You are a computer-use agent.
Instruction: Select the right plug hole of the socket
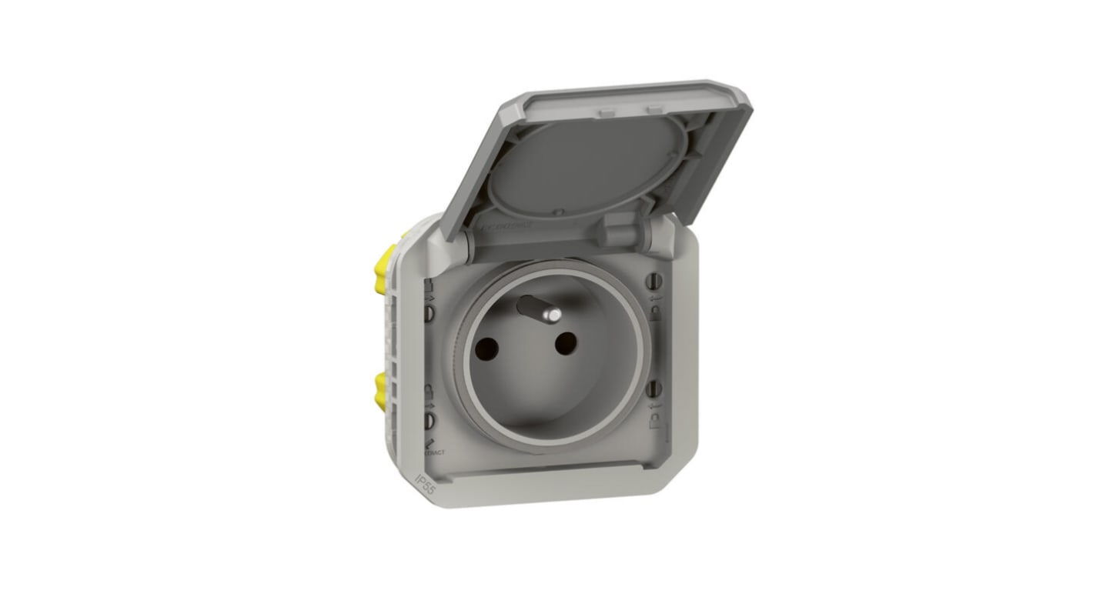(566, 344)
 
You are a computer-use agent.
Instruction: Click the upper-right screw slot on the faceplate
(657, 281)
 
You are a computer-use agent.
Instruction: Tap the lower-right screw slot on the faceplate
(656, 388)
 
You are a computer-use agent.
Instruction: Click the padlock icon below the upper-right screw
(656, 312)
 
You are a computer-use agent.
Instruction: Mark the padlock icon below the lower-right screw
(655, 420)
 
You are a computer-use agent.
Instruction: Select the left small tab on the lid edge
(607, 112)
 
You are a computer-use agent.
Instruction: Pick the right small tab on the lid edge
(654, 109)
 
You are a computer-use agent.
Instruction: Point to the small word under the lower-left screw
(434, 452)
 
